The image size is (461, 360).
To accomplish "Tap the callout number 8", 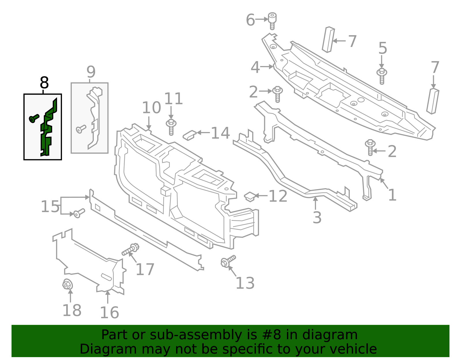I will [44, 83].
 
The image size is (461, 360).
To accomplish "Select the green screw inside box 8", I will [34, 118].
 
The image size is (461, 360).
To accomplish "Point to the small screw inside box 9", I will [81, 129].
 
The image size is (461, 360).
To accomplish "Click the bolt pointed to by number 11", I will [171, 127].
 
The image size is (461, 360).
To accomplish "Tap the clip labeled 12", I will [250, 197].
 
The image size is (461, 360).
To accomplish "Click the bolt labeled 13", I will [228, 261].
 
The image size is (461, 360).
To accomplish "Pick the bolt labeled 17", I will [131, 250].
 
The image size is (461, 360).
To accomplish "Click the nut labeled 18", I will [67, 285].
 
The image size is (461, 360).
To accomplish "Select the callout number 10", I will [152, 108].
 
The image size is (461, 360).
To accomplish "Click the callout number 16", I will [109, 312].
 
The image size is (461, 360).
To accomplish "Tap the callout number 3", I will [317, 217].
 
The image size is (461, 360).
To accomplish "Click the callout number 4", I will [255, 67].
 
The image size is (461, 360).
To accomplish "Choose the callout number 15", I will [50, 206].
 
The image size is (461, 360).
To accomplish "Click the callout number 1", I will [392, 195].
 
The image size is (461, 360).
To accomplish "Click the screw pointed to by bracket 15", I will [79, 213].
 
